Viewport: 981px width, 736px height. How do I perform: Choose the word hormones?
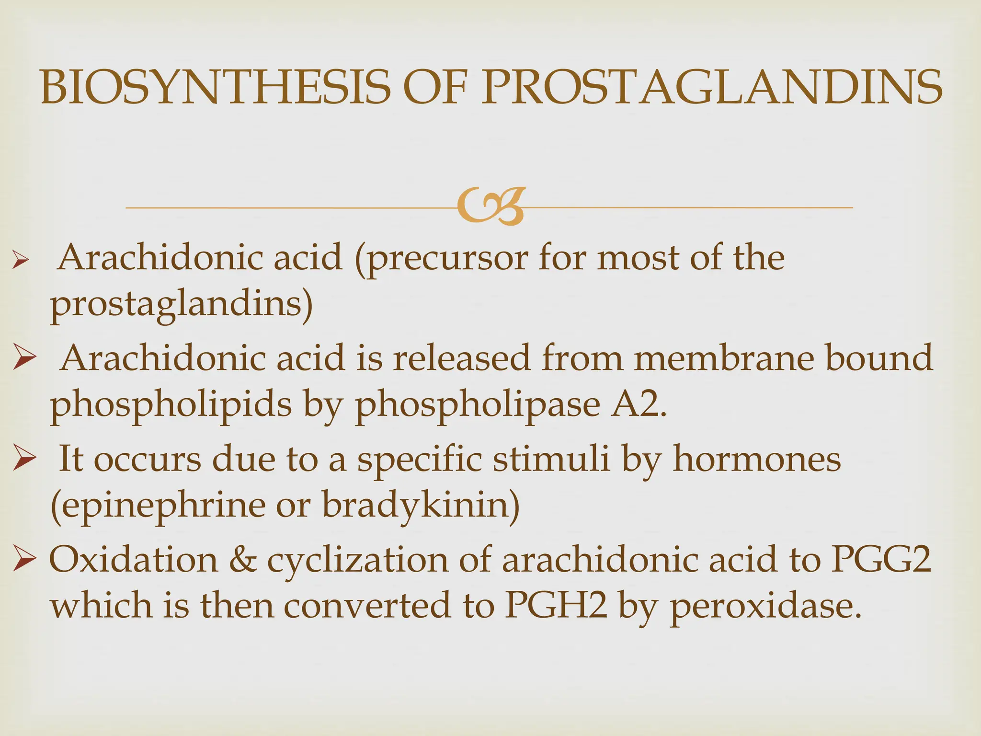757,459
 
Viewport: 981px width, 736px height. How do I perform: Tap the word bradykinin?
421,506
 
